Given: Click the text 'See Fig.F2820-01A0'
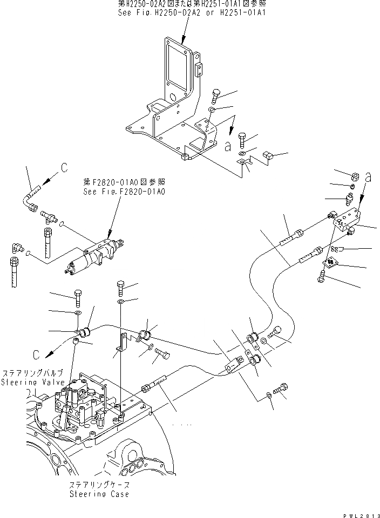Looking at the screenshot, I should (124, 192).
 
